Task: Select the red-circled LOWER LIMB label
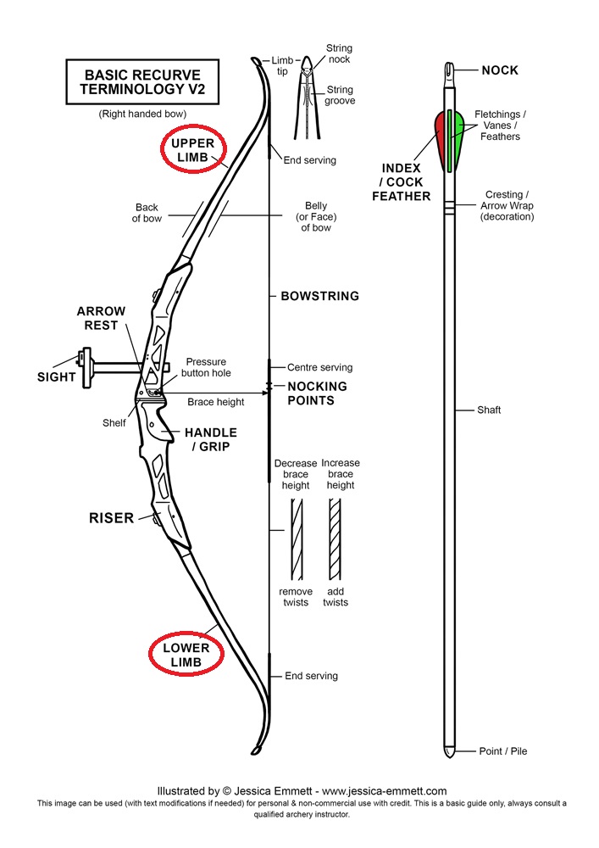point(186,654)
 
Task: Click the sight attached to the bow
point(85,367)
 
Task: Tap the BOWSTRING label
point(319,297)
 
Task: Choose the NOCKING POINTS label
point(317,393)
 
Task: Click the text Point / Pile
point(503,751)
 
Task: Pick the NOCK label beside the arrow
point(500,70)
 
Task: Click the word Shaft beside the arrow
point(489,410)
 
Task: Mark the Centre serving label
point(319,368)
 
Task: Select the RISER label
point(112,517)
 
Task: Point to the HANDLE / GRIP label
point(210,439)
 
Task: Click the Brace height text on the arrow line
point(215,402)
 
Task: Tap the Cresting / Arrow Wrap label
point(509,206)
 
